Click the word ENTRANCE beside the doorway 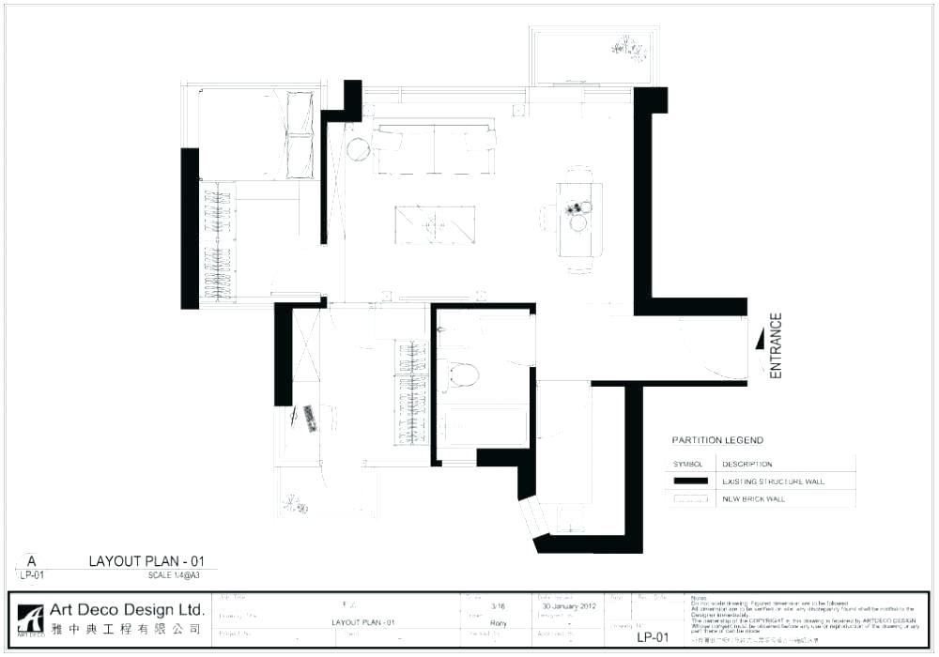tap(776, 345)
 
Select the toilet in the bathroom tap(460, 375)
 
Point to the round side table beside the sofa tap(358, 148)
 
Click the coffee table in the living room tap(433, 224)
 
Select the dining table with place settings tap(578, 218)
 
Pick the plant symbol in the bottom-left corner tap(296, 504)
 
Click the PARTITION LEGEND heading tap(717, 440)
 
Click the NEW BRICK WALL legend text tap(753, 499)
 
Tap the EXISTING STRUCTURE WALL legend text tap(773, 481)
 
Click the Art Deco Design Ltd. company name tap(127, 609)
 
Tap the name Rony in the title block tap(499, 622)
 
